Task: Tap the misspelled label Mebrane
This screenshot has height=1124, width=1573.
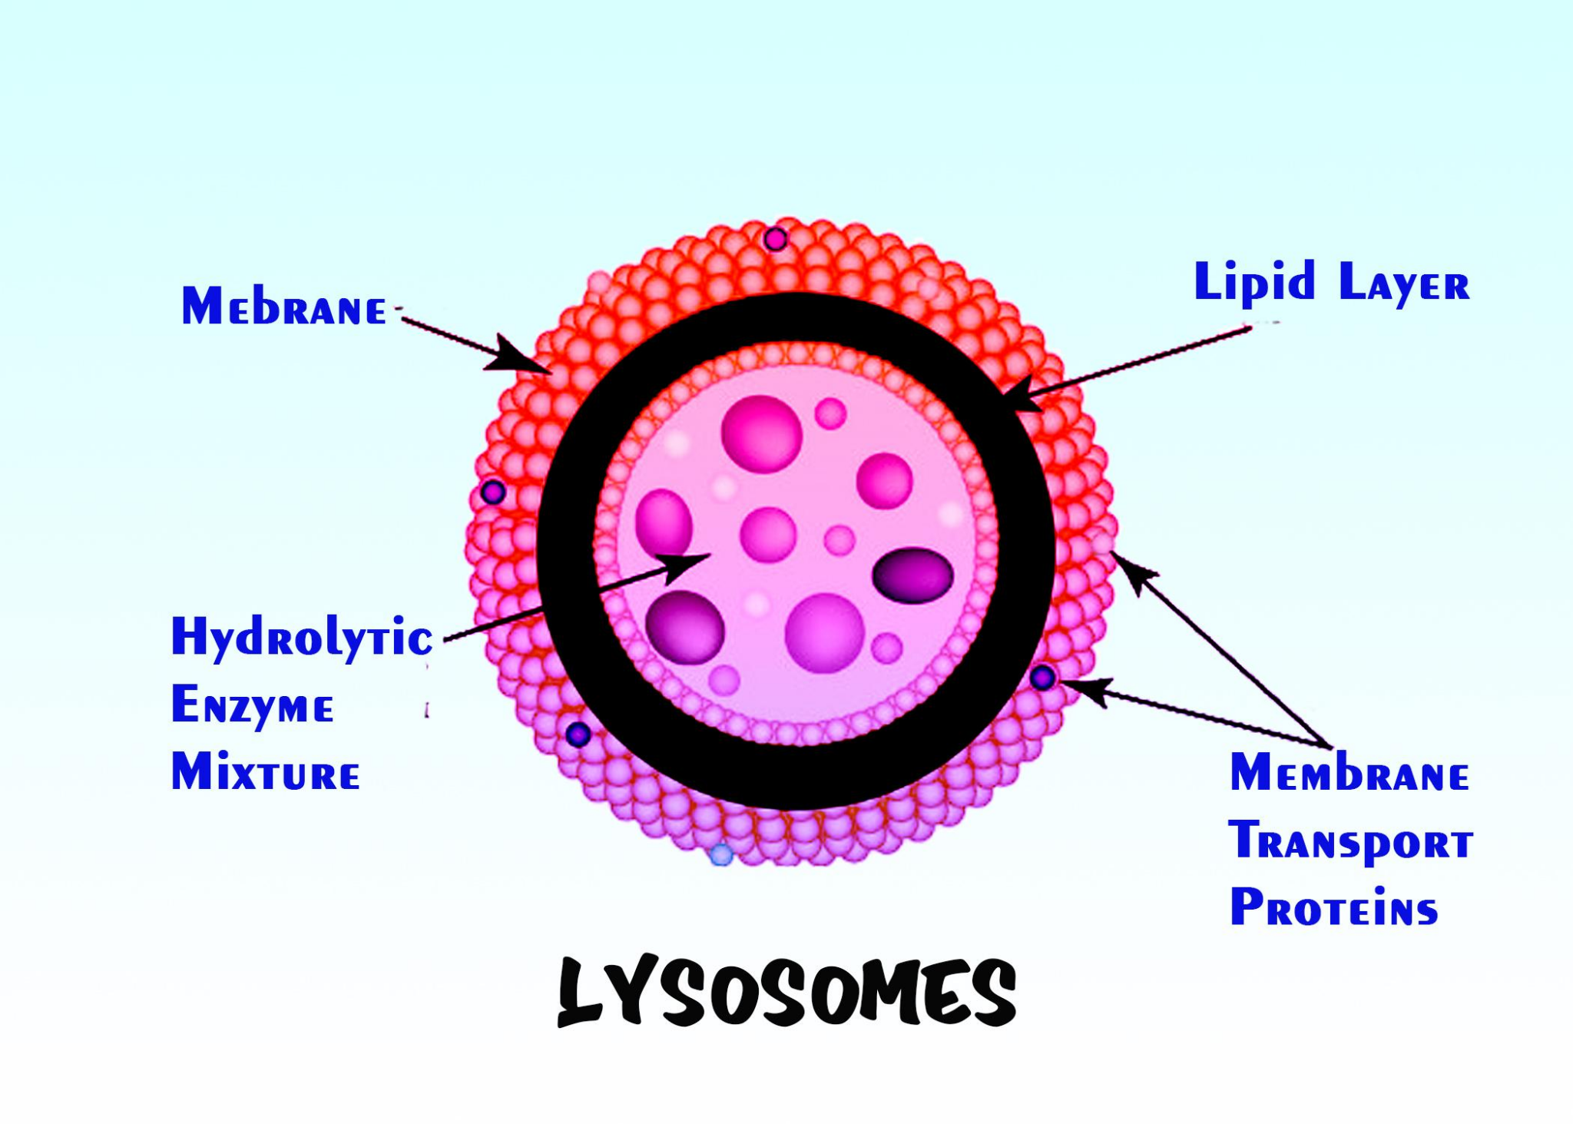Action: tap(283, 307)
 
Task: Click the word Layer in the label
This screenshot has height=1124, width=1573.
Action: tap(1403, 283)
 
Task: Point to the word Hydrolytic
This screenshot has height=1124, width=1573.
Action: tap(302, 638)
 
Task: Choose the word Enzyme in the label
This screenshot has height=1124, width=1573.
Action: tap(252, 705)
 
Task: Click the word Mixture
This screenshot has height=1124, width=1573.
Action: tap(265, 772)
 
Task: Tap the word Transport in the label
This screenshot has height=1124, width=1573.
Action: tap(1350, 841)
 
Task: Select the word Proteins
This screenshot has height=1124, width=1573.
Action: tap(1333, 907)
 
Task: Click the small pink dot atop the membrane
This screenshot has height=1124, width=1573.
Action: tap(776, 240)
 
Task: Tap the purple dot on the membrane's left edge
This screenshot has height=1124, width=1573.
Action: tap(493, 492)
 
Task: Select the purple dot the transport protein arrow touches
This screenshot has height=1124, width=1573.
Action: tap(1042, 677)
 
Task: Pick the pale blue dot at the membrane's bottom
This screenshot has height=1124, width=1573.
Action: tap(720, 854)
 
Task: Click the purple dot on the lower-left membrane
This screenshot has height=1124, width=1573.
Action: tap(578, 734)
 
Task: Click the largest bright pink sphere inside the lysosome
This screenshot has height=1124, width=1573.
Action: tap(761, 434)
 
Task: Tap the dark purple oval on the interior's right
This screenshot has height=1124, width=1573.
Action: tap(912, 575)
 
